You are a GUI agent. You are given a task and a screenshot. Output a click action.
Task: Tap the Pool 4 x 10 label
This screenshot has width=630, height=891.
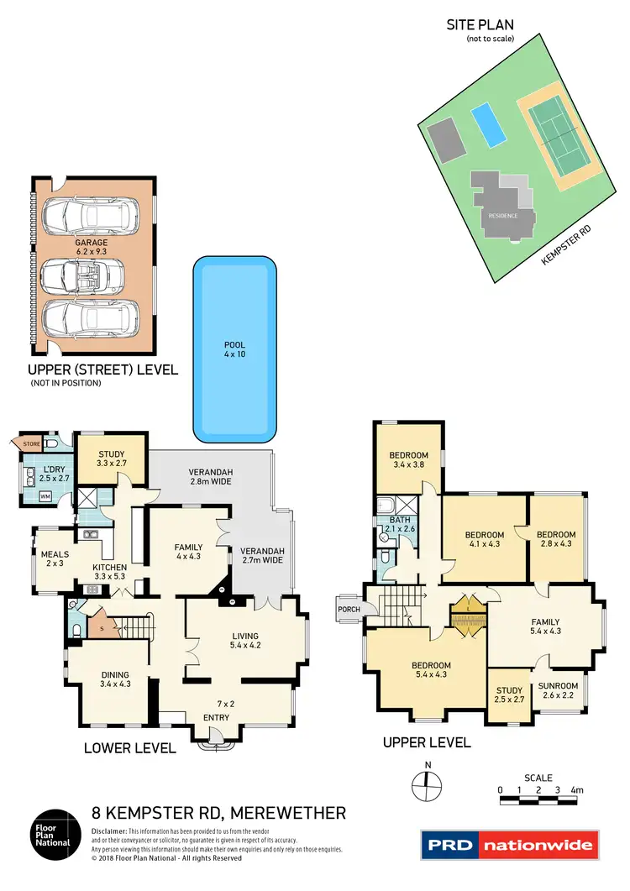pyautogui.click(x=234, y=349)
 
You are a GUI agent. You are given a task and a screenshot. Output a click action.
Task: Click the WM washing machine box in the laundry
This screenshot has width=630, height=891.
pyautogui.click(x=45, y=497)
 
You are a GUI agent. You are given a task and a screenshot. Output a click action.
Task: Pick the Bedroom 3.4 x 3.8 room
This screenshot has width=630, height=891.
pyautogui.click(x=409, y=461)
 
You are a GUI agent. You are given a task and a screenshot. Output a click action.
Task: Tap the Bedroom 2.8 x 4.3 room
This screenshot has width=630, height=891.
pyautogui.click(x=556, y=539)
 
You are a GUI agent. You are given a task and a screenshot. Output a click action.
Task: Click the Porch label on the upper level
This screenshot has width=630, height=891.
pyautogui.click(x=347, y=610)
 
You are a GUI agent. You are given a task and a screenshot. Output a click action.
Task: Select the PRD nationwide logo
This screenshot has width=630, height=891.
pyautogui.click(x=508, y=844)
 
